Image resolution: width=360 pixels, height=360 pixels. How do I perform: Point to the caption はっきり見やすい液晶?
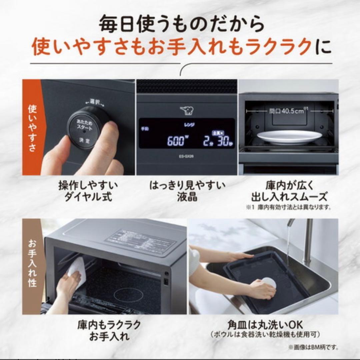tap(187, 191)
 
